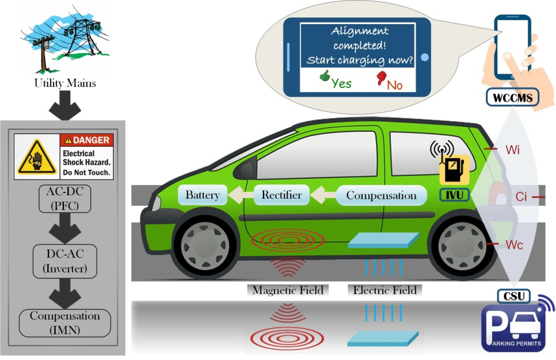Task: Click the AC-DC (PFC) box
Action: pyautogui.click(x=65, y=199)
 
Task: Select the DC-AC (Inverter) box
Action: pyautogui.click(x=65, y=262)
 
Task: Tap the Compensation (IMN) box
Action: pyautogui.click(x=65, y=323)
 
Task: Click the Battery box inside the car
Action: pyautogui.click(x=203, y=195)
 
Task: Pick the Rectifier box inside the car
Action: pyautogui.click(x=281, y=195)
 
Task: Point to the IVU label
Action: pyautogui.click(x=455, y=195)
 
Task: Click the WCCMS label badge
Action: pyautogui.click(x=513, y=98)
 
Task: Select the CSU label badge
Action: pyautogui.click(x=514, y=296)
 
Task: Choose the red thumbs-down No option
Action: pyautogui.click(x=390, y=81)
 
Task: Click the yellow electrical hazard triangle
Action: pyautogui.click(x=37, y=157)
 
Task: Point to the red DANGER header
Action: pyautogui.click(x=87, y=140)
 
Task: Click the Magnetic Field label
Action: pyautogui.click(x=288, y=290)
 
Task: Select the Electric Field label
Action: pyautogui.click(x=384, y=290)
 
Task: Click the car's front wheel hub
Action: pyautogui.click(x=204, y=245)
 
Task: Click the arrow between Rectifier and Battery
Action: pyautogui.click(x=241, y=195)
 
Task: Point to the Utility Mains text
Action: pyautogui.click(x=65, y=83)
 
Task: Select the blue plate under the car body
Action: pyautogui.click(x=383, y=240)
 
